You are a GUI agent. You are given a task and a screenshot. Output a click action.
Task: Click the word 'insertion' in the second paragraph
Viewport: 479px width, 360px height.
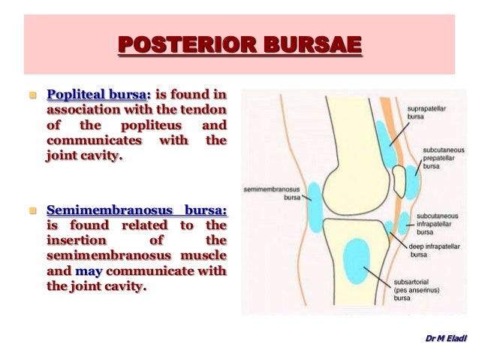74,241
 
